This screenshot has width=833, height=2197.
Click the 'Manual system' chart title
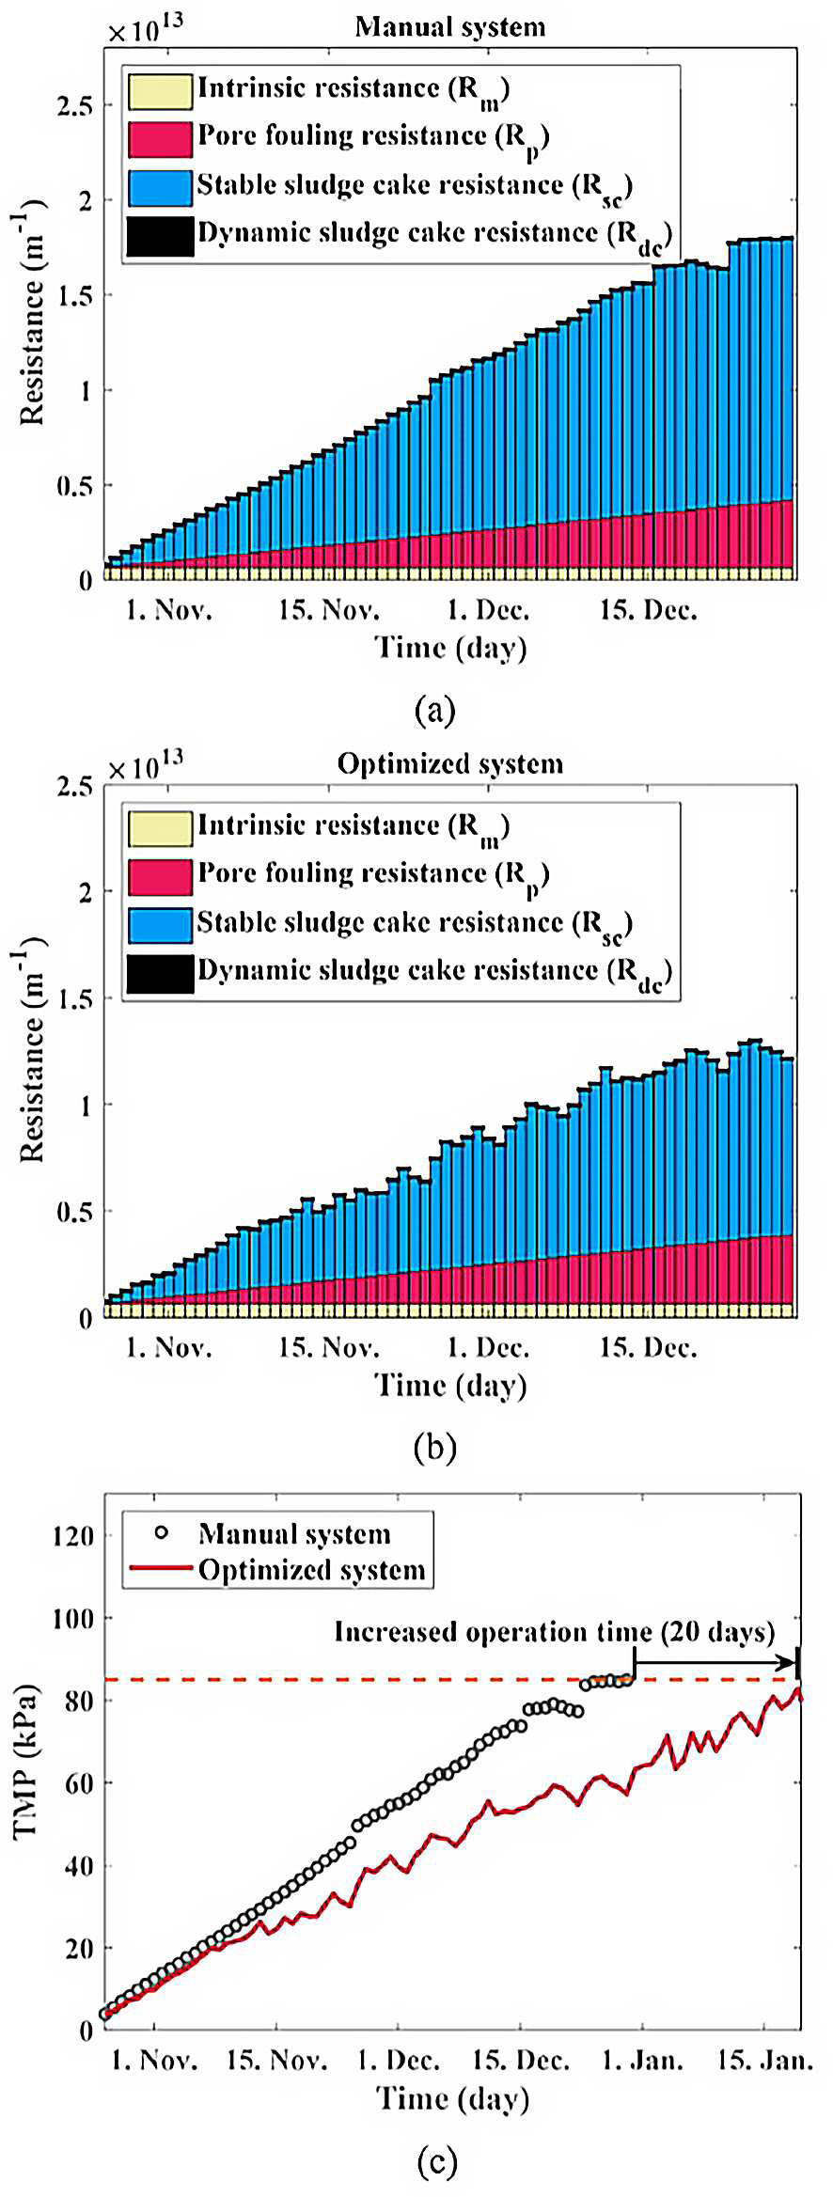tap(450, 27)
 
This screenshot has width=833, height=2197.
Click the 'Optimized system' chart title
tap(450, 764)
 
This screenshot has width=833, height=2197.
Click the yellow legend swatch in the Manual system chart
tap(161, 90)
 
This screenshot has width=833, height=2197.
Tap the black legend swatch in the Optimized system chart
tap(161, 973)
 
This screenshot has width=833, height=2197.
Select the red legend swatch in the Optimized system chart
tap(161, 876)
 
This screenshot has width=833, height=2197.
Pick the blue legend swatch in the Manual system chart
tap(161, 187)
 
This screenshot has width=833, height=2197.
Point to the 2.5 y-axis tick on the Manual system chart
tap(75, 105)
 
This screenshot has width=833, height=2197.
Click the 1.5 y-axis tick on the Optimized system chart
tap(75, 998)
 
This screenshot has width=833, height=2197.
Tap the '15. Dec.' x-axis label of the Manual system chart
tap(649, 611)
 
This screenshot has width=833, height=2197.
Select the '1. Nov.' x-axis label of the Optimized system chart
tap(169, 1348)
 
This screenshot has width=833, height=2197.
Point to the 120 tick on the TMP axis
tap(73, 1536)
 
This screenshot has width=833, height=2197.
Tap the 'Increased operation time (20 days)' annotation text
tap(555, 1632)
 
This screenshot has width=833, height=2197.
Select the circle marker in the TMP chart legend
tap(162, 1533)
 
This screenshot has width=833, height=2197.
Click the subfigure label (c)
tap(436, 2162)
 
